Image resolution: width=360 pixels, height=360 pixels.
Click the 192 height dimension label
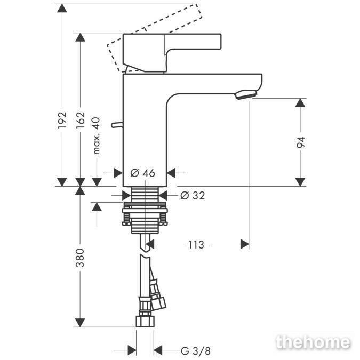[x=62, y=120]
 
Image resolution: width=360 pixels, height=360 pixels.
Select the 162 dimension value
[x=81, y=120]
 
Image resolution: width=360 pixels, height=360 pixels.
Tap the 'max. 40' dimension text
[x=97, y=135]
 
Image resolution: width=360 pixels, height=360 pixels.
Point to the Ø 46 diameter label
[x=142, y=173]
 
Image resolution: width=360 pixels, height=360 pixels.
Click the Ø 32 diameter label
[x=193, y=195]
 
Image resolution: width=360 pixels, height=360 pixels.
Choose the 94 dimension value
[x=301, y=142]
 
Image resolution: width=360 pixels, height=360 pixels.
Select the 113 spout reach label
[x=196, y=245]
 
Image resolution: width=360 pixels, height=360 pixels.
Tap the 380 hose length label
[x=80, y=258]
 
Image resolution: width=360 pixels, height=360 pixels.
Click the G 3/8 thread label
[x=196, y=351]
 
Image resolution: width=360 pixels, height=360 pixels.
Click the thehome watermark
[x=314, y=342]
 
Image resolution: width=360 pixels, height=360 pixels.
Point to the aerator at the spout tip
[x=246, y=94]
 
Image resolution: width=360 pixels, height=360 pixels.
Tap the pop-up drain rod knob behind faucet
[x=117, y=125]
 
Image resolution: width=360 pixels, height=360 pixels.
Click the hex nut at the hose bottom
[x=145, y=321]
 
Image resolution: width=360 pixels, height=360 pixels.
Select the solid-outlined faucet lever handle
[x=172, y=53]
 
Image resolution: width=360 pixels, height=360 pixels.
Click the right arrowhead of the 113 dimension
[x=245, y=244]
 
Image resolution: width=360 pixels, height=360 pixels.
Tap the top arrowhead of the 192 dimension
[x=62, y=8]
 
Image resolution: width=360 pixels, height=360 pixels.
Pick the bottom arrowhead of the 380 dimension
[x=80, y=323]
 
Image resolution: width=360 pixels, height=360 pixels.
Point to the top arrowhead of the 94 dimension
[x=300, y=102]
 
